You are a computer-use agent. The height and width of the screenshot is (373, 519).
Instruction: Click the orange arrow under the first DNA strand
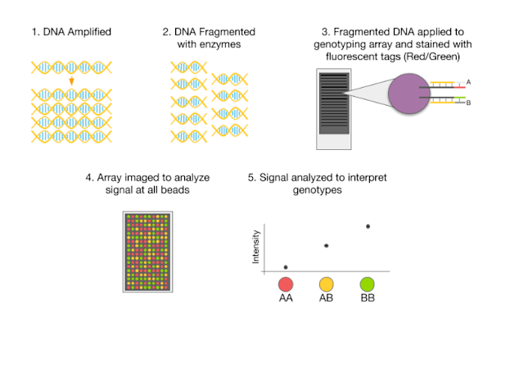click(72, 81)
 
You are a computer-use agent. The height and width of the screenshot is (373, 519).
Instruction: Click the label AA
click(286, 299)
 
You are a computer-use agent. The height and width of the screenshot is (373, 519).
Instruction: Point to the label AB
click(327, 299)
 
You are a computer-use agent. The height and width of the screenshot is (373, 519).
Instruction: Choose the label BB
click(368, 299)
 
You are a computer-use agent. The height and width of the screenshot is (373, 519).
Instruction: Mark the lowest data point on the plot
click(286, 266)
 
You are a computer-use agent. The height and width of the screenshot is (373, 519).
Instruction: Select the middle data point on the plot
click(327, 245)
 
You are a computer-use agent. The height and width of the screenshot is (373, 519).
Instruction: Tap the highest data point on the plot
click(368, 225)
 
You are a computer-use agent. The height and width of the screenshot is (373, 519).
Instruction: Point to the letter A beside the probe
click(469, 82)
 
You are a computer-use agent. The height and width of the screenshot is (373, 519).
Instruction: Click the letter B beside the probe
click(469, 103)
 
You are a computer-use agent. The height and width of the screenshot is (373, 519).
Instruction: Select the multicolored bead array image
click(150, 252)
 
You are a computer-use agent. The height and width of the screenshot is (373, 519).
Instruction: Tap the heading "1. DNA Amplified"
click(72, 32)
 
